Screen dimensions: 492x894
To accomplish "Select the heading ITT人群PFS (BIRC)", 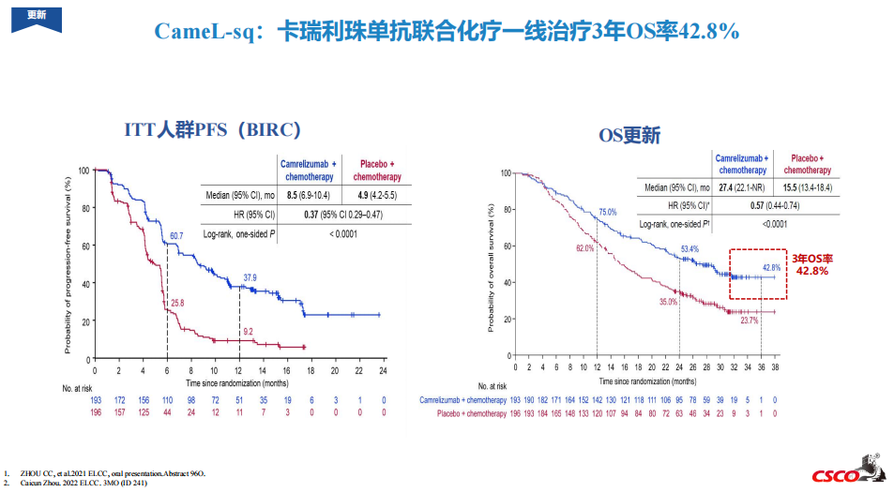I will [x=211, y=130].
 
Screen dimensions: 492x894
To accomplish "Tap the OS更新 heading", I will [x=629, y=136].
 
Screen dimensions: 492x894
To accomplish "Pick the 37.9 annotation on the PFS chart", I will [x=250, y=277].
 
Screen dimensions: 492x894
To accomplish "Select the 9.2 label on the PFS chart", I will [x=249, y=332].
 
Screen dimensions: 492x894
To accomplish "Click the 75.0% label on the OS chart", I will [x=608, y=213].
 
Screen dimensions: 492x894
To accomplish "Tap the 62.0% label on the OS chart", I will [x=584, y=248].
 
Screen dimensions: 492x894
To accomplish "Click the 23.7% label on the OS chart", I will [x=749, y=321].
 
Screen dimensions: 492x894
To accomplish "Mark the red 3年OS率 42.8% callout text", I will [x=811, y=264].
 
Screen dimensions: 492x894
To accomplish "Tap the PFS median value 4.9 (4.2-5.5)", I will [x=374, y=196].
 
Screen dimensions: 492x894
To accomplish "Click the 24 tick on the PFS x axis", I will [x=383, y=371].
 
